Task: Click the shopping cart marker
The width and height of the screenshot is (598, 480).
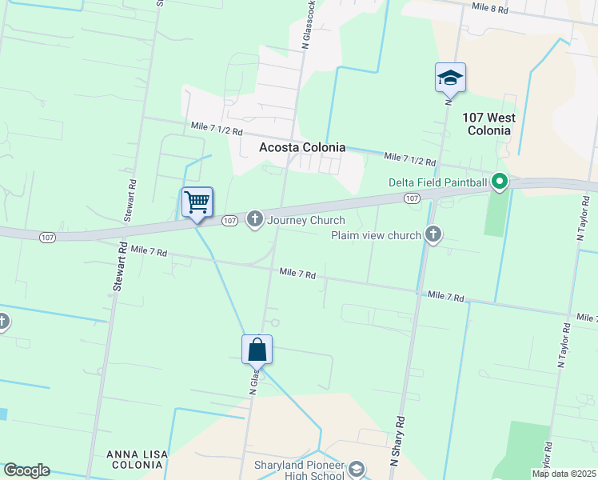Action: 197,202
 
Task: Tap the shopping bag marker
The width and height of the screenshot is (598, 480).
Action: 257,350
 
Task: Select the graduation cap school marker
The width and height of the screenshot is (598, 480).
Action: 450,78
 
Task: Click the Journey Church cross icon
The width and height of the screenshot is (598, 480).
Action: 255,218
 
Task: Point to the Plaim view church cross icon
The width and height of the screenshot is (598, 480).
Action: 433,234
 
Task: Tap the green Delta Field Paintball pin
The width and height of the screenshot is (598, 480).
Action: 500,182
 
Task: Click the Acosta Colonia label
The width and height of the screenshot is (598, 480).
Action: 302,147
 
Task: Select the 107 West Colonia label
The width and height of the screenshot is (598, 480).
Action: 488,124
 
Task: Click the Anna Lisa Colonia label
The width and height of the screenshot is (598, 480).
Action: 137,460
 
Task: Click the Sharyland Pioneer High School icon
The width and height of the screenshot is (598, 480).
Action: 357,468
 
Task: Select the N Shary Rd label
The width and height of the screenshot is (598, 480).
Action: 397,440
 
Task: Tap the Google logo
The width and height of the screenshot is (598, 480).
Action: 26,470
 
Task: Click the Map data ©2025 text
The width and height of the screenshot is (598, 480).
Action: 564,474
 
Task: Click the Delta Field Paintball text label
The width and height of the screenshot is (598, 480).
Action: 438,182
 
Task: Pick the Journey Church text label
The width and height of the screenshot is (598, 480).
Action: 306,220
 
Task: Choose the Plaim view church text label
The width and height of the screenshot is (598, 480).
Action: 376,235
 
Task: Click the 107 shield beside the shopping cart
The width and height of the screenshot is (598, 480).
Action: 229,220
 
